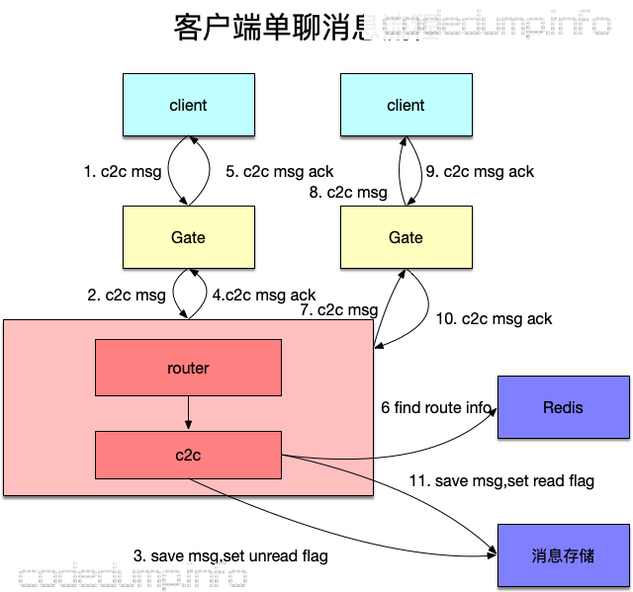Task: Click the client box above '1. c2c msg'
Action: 188,106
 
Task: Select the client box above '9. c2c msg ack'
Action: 406,106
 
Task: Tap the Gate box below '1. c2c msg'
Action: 188,237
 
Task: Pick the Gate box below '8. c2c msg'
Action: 406,237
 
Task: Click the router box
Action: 188,368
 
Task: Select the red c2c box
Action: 188,456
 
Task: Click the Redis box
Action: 563,407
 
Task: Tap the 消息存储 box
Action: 563,554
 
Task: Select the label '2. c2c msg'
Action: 127,295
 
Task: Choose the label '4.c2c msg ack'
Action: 264,295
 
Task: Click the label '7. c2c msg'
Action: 338,309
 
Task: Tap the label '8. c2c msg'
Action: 347,193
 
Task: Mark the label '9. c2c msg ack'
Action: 479,171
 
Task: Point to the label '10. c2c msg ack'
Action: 494,318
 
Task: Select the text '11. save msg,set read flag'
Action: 501,480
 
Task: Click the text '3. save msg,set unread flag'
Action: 230,555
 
